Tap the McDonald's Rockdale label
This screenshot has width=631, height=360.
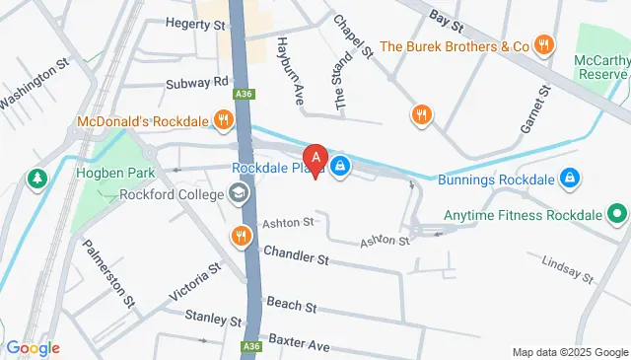pyautogui.click(x=141, y=121)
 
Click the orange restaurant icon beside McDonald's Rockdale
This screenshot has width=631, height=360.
pyautogui.click(x=225, y=120)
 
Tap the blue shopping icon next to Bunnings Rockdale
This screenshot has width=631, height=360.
pyautogui.click(x=568, y=179)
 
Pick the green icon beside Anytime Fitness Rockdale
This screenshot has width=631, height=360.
pyautogui.click(x=616, y=212)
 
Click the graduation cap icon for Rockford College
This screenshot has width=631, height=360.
pyautogui.click(x=238, y=193)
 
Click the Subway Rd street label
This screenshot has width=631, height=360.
pyautogui.click(x=197, y=82)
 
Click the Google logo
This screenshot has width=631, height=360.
pyautogui.click(x=33, y=348)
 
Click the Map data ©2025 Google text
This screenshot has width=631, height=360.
pyautogui.click(x=570, y=352)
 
